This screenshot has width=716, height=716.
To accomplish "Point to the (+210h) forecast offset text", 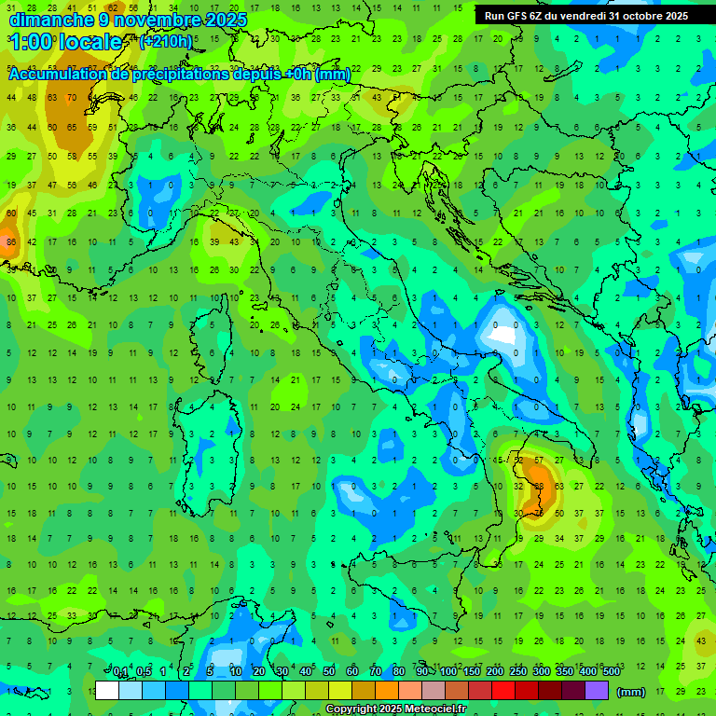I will coord(166,42).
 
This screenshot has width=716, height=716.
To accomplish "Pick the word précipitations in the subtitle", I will coord(174,75).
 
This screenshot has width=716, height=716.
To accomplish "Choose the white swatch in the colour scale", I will coord(107,691).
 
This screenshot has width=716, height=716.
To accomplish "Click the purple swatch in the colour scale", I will coord(597,691).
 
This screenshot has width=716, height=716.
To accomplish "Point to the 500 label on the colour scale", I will coord(611,672).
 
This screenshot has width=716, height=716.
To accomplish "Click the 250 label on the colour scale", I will coord(517,672).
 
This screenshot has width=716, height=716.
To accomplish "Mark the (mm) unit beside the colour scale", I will coord(631,692).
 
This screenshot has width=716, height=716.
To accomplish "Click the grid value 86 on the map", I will coord(11,242).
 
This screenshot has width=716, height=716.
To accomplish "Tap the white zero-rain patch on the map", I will coord(503,332).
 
